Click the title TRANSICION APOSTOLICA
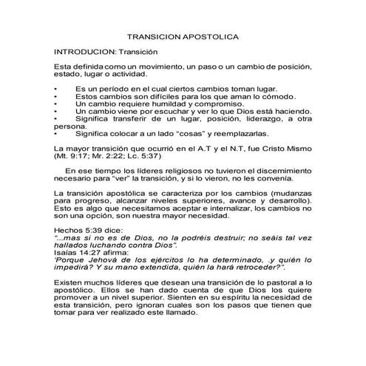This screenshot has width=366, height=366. [x=183, y=35]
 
